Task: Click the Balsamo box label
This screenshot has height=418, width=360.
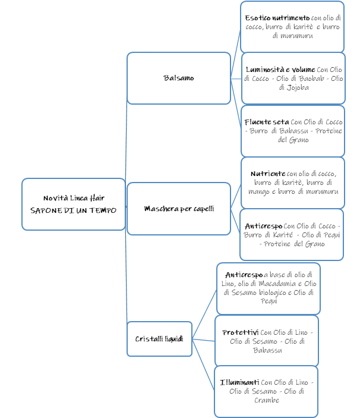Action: point(178,78)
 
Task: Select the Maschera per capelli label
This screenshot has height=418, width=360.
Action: point(179,209)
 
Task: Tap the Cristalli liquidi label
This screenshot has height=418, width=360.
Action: point(159,339)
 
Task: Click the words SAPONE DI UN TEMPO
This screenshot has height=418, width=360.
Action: point(73,210)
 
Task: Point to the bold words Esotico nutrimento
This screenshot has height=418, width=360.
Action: point(277,18)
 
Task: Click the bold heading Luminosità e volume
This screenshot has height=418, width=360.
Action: point(280,70)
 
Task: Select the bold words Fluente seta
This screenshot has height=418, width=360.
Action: point(267,122)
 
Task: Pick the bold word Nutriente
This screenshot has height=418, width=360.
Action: point(268,174)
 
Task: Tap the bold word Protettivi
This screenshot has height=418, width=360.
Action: point(241,332)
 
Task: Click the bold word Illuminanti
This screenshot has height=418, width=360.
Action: point(239,382)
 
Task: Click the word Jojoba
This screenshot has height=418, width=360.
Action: point(298,87)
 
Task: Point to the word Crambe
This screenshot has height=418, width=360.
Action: point(267,400)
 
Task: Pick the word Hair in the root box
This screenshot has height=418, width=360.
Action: point(97,198)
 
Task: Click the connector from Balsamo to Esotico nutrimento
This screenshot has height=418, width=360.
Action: point(236,54)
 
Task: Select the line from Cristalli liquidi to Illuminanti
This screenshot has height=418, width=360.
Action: point(203,364)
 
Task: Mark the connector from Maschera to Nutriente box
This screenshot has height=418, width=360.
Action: point(236,196)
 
